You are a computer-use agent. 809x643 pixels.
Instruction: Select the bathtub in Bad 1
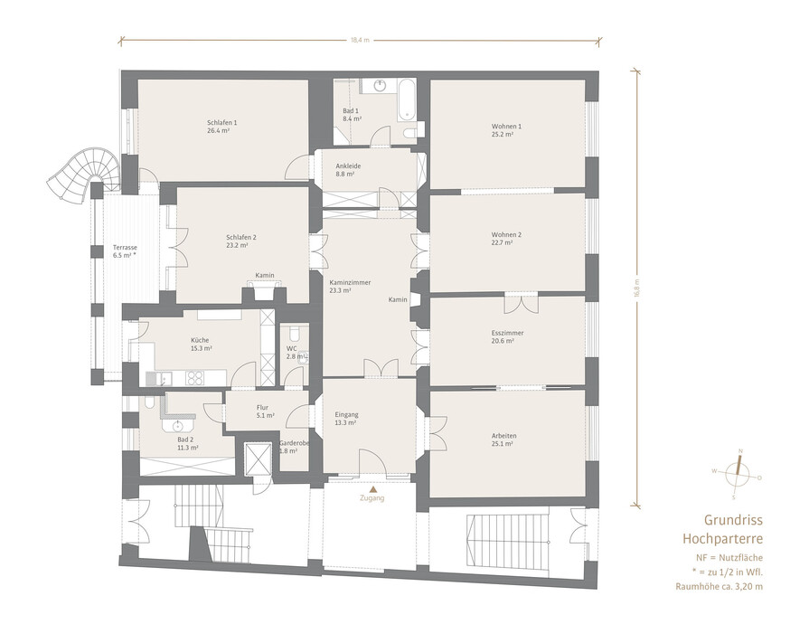(x=406, y=100)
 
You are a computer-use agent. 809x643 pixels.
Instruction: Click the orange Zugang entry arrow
(x=372, y=488)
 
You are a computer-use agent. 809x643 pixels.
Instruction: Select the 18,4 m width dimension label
(x=360, y=40)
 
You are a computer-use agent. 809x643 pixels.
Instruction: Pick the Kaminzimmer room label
(x=350, y=283)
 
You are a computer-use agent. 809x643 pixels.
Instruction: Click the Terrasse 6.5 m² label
(x=125, y=251)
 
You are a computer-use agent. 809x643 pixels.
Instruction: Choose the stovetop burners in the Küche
(x=194, y=378)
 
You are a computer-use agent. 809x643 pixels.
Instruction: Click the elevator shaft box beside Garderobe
(x=258, y=459)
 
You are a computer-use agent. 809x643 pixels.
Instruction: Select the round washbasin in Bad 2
(x=178, y=426)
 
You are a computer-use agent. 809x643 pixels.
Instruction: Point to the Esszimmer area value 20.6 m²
(x=502, y=341)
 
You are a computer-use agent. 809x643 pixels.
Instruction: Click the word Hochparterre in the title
(x=722, y=539)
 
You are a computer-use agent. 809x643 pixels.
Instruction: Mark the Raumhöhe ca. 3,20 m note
(x=719, y=586)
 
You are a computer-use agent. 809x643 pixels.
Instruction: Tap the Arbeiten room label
(x=504, y=436)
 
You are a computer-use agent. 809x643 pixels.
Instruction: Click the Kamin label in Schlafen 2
(x=265, y=276)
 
